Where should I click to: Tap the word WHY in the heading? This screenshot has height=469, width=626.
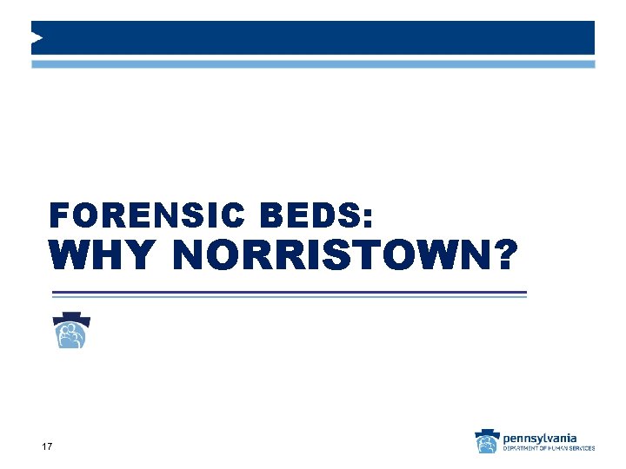click(x=103, y=255)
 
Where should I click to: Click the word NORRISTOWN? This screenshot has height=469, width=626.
click(x=330, y=255)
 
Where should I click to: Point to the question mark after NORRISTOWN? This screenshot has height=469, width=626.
click(x=504, y=255)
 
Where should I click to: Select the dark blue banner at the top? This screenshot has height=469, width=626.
click(x=313, y=37)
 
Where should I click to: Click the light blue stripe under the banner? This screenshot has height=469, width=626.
click(x=313, y=64)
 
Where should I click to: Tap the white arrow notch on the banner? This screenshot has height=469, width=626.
click(x=37, y=37)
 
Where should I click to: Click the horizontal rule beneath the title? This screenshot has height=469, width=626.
click(x=288, y=294)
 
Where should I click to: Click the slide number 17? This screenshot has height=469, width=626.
click(x=47, y=446)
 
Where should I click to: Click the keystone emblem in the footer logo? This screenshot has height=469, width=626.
click(x=487, y=441)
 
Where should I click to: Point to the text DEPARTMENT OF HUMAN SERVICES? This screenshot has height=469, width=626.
click(x=549, y=448)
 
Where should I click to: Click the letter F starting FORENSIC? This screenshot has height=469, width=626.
click(x=58, y=214)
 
